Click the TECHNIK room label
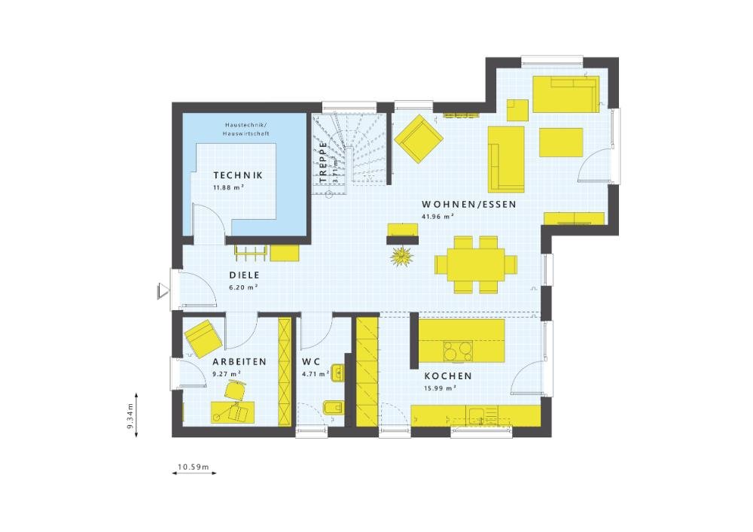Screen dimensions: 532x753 237,175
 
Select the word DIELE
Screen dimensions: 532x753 243,275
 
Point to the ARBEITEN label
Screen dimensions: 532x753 239,362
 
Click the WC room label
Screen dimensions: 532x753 312,362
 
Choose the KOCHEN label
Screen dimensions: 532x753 447,376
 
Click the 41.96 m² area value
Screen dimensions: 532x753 437,217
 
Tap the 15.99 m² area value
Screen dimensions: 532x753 441,388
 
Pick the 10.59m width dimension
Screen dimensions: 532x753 193,467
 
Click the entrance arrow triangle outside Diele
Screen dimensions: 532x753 163,290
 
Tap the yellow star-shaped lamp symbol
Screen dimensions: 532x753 402,256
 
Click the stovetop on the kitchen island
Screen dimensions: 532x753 457,351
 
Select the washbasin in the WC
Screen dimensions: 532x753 337,372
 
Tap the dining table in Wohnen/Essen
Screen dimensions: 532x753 477,264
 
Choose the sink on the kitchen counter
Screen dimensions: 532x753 477,414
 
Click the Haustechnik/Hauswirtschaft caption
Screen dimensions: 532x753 246,129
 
